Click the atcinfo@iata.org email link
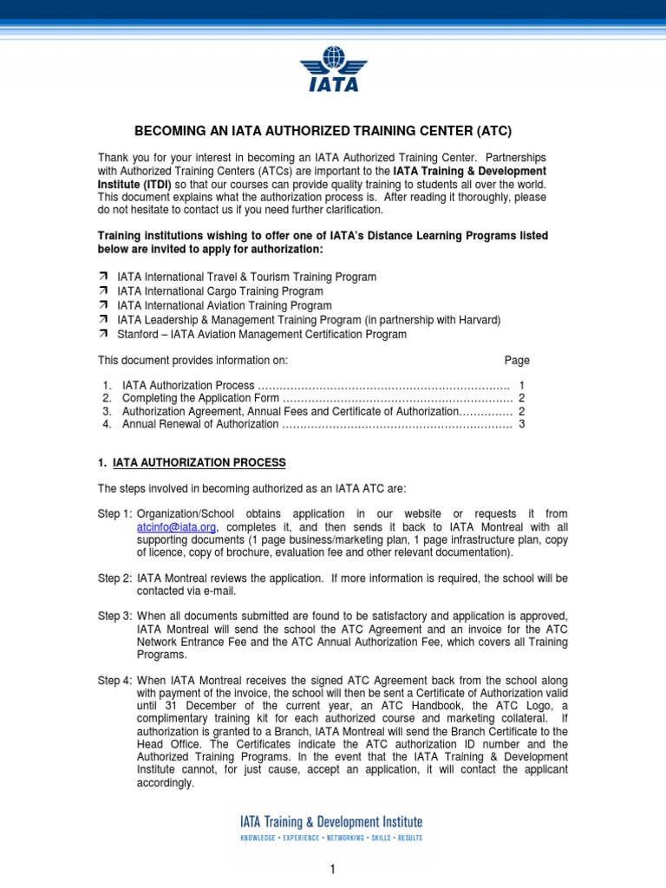(x=176, y=527)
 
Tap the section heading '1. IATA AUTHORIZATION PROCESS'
(x=192, y=462)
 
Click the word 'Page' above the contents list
(x=517, y=360)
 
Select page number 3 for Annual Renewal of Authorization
(x=522, y=424)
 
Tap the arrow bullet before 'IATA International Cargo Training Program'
(x=104, y=291)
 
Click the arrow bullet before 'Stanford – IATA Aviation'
(x=104, y=334)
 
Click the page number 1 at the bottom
(x=332, y=871)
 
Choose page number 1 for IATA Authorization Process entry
(x=521, y=384)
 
